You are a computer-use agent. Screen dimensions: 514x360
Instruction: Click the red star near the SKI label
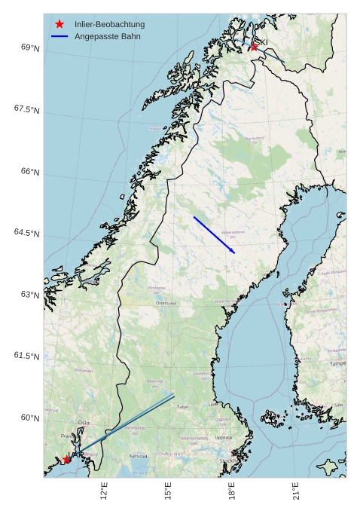(x=255, y=47)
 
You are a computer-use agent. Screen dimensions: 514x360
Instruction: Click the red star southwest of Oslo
(x=67, y=459)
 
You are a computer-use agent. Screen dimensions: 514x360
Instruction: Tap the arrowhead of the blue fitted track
(x=233, y=252)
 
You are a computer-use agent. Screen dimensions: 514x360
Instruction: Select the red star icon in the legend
(x=59, y=24)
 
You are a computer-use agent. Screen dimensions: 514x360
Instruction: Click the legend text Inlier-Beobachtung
(x=109, y=24)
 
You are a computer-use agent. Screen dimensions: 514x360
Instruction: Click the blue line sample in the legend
(x=59, y=36)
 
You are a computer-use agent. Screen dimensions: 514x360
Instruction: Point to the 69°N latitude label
(x=30, y=48)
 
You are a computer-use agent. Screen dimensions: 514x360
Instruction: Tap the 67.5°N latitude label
(x=26, y=110)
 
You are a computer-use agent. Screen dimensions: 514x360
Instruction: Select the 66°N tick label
(x=30, y=172)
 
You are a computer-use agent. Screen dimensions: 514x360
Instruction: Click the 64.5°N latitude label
(x=26, y=234)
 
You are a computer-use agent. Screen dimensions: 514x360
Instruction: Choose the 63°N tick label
(x=30, y=295)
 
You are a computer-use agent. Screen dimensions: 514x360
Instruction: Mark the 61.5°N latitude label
(x=26, y=356)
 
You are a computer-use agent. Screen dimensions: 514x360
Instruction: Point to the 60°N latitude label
(x=30, y=418)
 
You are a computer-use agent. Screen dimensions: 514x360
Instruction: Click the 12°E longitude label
(x=105, y=491)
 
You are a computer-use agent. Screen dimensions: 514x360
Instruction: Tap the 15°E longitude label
(x=169, y=491)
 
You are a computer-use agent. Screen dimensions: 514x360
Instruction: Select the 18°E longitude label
(x=233, y=491)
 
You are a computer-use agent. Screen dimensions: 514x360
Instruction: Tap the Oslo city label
(x=84, y=423)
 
